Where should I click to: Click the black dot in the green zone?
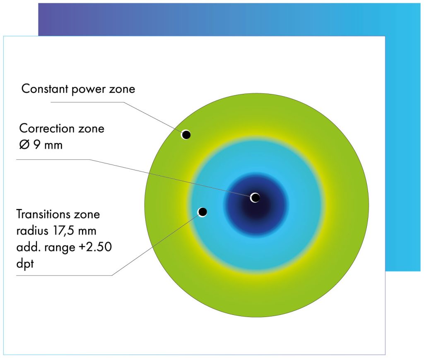pos(186,134)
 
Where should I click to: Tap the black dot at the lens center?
pos(255,197)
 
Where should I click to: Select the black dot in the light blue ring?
pos(202,212)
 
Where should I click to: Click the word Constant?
pos(45,89)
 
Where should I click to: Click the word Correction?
pos(47,128)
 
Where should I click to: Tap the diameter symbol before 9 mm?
pos(24,145)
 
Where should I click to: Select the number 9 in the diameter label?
pos(37,145)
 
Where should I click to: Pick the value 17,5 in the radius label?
pos(63,231)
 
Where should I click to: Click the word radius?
pos(32,231)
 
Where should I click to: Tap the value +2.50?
pos(95,247)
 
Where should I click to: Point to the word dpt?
pos(25,264)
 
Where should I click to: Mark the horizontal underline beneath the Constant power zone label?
pos(87,102)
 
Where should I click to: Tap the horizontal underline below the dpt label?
pos(64,276)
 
